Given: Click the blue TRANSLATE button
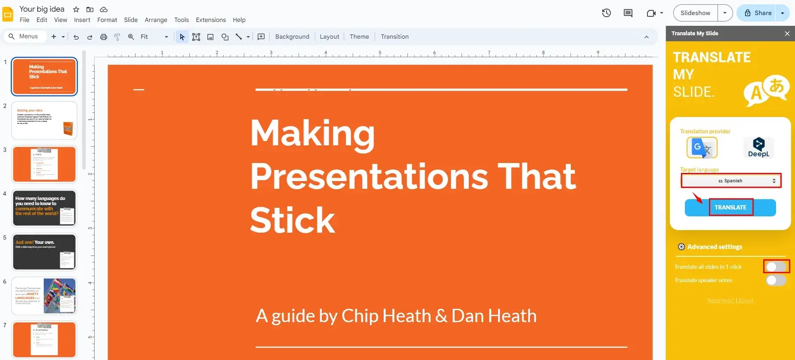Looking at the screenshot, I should pyautogui.click(x=730, y=207).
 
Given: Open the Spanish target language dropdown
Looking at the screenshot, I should pyautogui.click(x=730, y=181).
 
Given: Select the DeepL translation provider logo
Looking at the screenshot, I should pyautogui.click(x=758, y=148).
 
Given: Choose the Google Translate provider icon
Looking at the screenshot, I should pyautogui.click(x=702, y=148).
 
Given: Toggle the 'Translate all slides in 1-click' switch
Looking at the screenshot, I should pyautogui.click(x=776, y=267).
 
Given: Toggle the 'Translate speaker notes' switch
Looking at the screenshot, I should pyautogui.click(x=776, y=280).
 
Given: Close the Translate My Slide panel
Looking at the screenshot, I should pyautogui.click(x=787, y=34).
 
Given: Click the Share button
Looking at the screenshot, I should pyautogui.click(x=758, y=13).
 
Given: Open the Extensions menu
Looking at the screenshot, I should pyautogui.click(x=210, y=20).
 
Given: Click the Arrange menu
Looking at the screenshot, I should pyautogui.click(x=156, y=20).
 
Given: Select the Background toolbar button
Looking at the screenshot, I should pyautogui.click(x=292, y=37).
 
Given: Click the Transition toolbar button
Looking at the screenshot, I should pyautogui.click(x=394, y=37).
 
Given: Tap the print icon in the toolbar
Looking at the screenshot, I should pyautogui.click(x=104, y=37).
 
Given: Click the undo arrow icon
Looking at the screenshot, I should pyautogui.click(x=76, y=37).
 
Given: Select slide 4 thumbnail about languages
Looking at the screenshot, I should pyautogui.click(x=44, y=208).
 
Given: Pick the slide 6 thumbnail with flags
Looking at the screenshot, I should pyautogui.click(x=44, y=296).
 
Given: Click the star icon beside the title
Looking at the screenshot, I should pyautogui.click(x=76, y=9).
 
